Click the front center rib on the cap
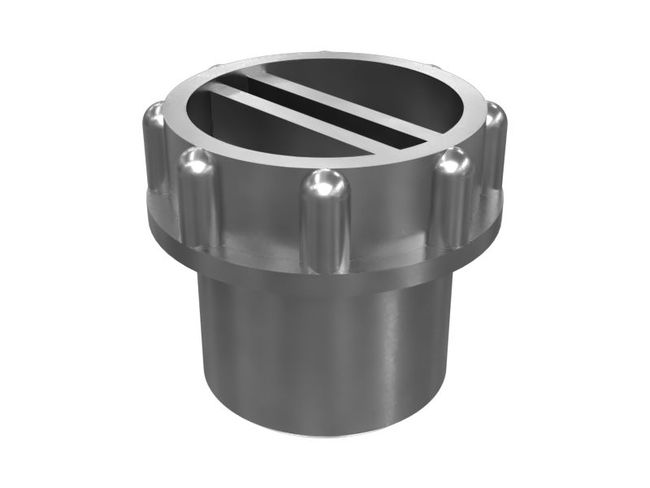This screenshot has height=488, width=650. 325,224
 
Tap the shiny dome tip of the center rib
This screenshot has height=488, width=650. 325,183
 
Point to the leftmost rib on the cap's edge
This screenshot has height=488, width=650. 153,150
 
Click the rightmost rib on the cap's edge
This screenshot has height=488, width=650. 495,146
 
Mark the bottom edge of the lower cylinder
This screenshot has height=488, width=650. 325,435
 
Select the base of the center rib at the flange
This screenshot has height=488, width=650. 325,264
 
